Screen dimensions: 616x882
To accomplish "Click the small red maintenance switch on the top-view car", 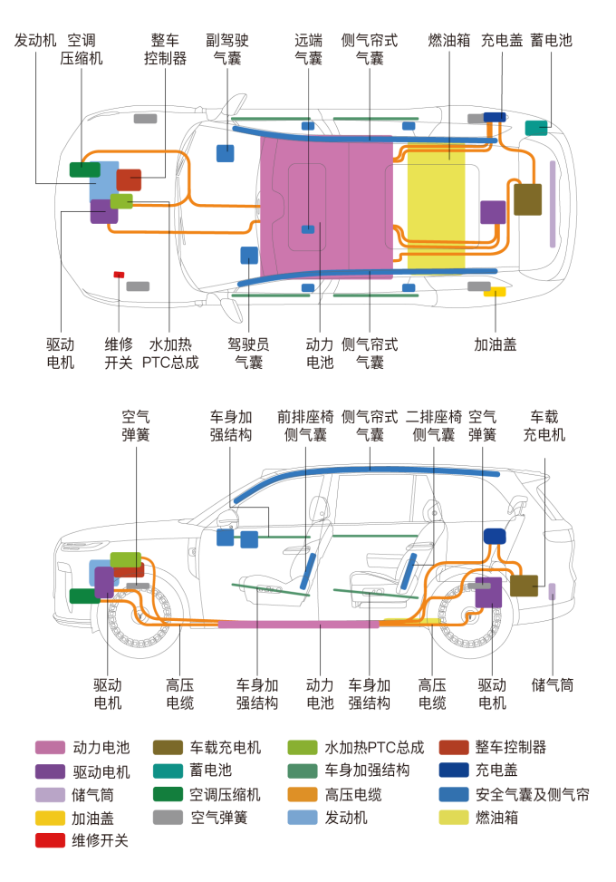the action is [x=119, y=275].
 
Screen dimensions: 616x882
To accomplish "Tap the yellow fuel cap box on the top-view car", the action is [x=496, y=292].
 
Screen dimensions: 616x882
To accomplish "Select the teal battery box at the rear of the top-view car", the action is [x=536, y=128].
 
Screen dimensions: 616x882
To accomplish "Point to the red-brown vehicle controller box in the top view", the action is [x=129, y=180].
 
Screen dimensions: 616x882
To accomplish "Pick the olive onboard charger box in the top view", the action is [x=528, y=199].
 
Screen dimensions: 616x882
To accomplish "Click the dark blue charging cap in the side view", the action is [x=495, y=536].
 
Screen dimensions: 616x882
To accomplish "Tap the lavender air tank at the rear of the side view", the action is [x=552, y=591].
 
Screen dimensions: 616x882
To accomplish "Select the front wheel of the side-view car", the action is [x=139, y=615].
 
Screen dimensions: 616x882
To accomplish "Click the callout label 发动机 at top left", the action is [x=35, y=41].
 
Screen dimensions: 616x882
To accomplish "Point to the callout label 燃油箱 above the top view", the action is [x=449, y=41].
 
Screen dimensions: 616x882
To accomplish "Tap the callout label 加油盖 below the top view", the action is [x=496, y=344].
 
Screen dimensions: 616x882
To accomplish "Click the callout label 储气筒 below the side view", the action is [x=553, y=685].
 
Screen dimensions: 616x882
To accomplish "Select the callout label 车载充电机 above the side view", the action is [x=544, y=426].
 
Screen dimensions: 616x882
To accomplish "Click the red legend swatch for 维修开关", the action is [x=50, y=840].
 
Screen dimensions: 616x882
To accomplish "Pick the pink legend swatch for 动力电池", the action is [x=50, y=748].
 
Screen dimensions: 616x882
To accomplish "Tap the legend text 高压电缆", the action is [x=353, y=794].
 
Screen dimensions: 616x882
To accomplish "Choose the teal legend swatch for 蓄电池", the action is [x=168, y=771].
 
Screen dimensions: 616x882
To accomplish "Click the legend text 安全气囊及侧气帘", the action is [x=533, y=794].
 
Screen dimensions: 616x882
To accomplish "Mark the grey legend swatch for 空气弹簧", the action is [x=168, y=818].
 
